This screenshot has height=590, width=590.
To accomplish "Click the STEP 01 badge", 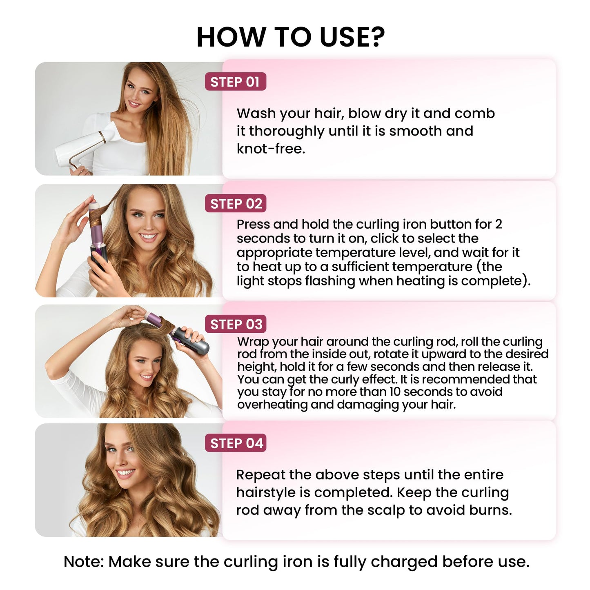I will click(235, 82).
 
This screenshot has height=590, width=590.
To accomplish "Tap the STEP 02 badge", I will click(236, 203).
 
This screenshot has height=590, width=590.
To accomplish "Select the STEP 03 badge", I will click(236, 324).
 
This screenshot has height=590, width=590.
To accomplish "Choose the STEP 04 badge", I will click(236, 443).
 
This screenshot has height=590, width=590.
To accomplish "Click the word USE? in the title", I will click(352, 37).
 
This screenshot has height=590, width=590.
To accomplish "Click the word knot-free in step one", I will click(271, 149).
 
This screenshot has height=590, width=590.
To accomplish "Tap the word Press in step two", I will click(253, 224).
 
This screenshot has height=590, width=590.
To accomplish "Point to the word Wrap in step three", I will click(253, 342).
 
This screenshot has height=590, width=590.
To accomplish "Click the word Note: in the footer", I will click(84, 562).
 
